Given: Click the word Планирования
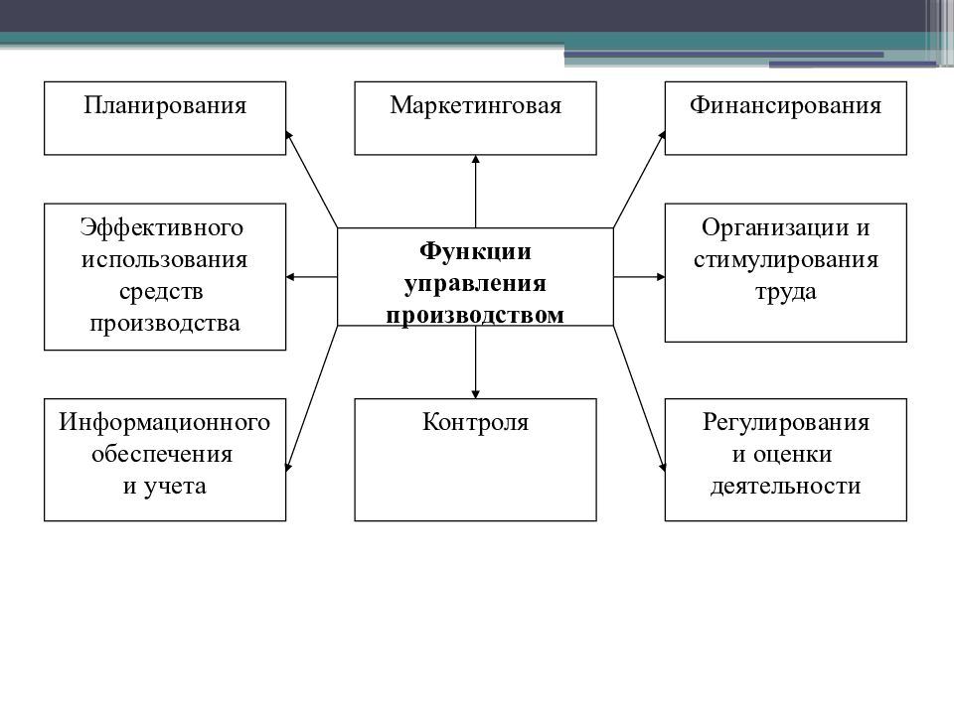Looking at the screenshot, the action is [x=165, y=106].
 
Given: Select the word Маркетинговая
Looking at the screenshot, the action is [x=475, y=106].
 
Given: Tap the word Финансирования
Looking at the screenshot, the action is [x=785, y=106].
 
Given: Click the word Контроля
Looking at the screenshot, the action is [x=475, y=422].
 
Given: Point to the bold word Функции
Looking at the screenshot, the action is [x=475, y=251].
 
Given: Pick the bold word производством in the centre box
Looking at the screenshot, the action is [x=475, y=315].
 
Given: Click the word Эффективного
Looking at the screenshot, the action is [x=162, y=228].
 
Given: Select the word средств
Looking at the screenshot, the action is [x=161, y=291].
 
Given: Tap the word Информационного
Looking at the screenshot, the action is [x=164, y=422].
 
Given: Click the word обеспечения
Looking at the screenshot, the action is [x=162, y=454].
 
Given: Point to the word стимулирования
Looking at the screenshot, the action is [x=785, y=259].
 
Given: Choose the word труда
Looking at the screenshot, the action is [x=785, y=292].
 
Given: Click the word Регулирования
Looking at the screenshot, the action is [x=785, y=423].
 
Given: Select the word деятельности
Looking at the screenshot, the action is [x=785, y=486].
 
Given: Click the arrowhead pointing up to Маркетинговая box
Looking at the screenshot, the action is [x=475, y=159].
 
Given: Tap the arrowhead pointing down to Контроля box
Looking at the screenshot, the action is [x=475, y=394].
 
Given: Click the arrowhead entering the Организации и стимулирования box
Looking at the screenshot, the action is [x=661, y=277].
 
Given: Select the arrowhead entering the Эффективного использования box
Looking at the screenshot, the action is [x=290, y=277].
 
